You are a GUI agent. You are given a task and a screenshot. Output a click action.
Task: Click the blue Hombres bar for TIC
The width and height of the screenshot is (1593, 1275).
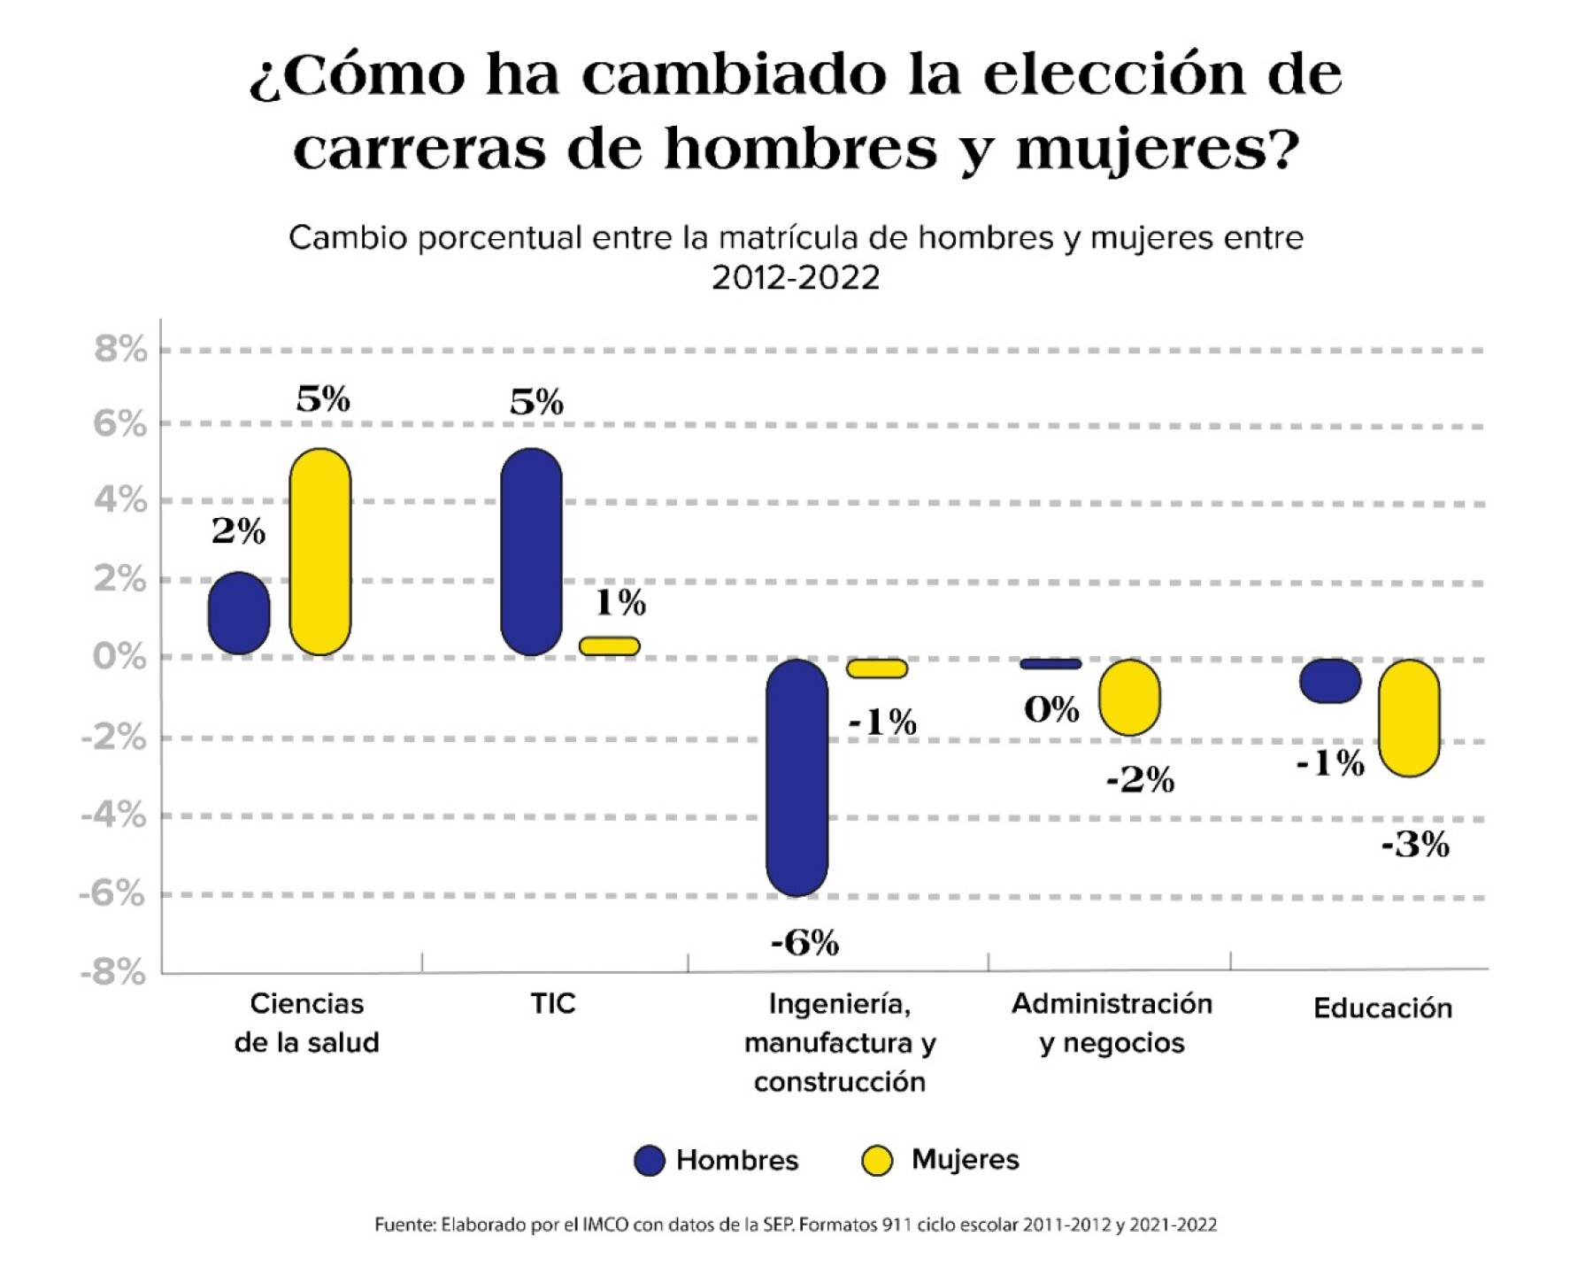click(x=531, y=552)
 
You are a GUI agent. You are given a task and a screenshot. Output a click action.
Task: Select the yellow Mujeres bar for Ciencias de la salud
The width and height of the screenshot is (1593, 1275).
click(x=320, y=552)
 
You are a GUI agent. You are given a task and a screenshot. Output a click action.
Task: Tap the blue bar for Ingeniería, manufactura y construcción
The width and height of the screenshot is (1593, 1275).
click(x=796, y=777)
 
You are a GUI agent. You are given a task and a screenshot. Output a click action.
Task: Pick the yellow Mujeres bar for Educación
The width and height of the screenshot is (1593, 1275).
click(x=1409, y=718)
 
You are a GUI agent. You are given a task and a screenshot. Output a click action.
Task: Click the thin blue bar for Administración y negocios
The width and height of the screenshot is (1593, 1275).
click(x=1050, y=664)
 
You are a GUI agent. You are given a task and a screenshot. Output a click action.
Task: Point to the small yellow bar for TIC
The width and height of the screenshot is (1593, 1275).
click(x=609, y=646)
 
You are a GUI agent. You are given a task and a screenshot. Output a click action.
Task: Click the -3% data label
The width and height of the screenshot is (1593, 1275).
click(x=1415, y=846)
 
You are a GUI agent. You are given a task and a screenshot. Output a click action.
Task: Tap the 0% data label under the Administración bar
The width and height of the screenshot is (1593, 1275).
click(x=1051, y=710)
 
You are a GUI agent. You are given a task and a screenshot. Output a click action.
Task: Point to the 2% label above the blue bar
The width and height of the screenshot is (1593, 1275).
click(x=238, y=531)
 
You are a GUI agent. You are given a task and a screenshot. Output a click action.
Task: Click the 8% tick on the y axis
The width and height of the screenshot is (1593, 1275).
click(x=120, y=350)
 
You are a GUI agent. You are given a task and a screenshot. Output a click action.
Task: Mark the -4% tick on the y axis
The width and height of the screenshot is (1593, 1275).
click(x=114, y=815)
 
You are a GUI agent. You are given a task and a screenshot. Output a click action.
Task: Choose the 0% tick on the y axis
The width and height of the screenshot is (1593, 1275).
click(x=119, y=657)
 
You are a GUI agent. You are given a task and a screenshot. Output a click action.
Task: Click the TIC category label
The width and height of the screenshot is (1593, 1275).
click(x=553, y=1004)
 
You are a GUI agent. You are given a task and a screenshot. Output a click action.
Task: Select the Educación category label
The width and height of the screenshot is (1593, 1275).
click(x=1382, y=1008)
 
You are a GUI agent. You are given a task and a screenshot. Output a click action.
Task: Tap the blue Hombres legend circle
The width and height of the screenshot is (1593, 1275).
click(x=650, y=1161)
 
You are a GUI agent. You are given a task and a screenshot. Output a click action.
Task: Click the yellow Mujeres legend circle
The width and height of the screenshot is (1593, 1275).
click(x=877, y=1161)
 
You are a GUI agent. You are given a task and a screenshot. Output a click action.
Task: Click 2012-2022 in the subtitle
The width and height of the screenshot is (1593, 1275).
click(x=796, y=278)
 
